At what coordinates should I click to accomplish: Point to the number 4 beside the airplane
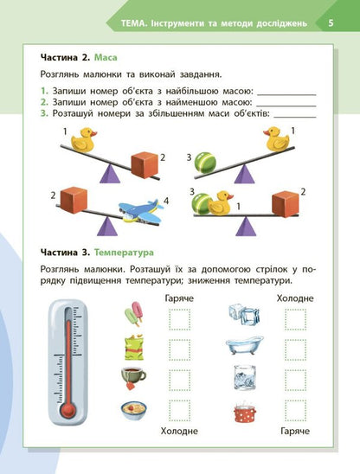[167, 202]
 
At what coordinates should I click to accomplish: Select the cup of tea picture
[133, 376]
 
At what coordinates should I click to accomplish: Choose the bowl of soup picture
[133, 409]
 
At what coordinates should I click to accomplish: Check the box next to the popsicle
[179, 319]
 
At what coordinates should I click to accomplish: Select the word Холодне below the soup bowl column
[179, 430]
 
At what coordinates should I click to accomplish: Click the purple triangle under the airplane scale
[108, 227]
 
